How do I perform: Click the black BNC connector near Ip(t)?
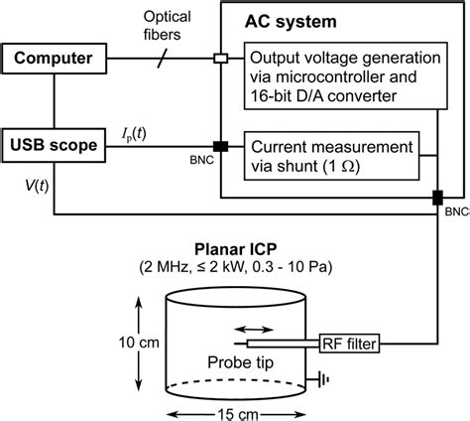[x=220, y=147]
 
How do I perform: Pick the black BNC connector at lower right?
[x=436, y=198]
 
